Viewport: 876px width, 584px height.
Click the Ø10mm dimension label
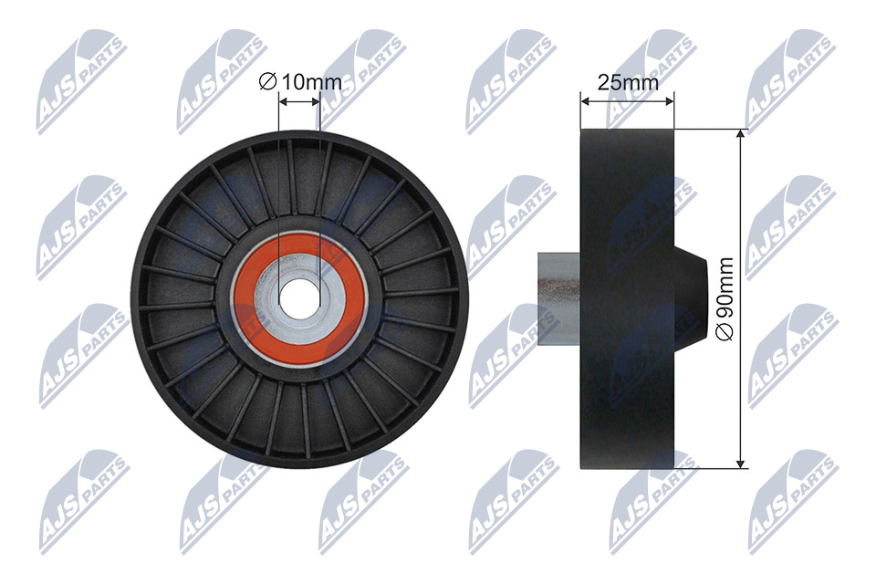pyautogui.click(x=300, y=82)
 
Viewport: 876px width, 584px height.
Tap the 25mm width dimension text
pyautogui.click(x=628, y=83)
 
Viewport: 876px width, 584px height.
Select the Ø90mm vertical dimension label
pyautogui.click(x=725, y=298)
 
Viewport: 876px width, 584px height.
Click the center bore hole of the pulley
pyautogui.click(x=299, y=297)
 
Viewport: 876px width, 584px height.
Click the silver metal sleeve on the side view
pyautogui.click(x=558, y=298)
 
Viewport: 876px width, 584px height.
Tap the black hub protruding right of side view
pyautogui.click(x=691, y=298)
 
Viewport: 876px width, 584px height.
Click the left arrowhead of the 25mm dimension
pyautogui.click(x=587, y=101)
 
